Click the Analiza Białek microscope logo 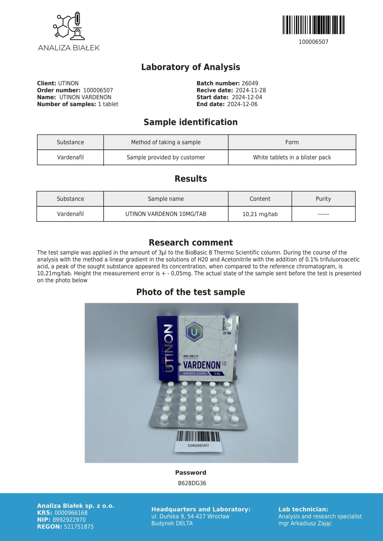69,25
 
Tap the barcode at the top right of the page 313,25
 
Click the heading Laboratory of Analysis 191,67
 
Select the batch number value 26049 250,83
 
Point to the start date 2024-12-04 247,97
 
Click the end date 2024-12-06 242,104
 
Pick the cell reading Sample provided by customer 166,157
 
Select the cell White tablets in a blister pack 292,157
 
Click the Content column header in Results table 260,199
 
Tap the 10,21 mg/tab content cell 260,214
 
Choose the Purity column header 323,199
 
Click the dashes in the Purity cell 323,214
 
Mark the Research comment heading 191,242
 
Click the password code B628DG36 192,483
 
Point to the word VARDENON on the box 202,365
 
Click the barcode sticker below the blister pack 198,440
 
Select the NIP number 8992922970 69,520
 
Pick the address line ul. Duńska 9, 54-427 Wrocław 190,516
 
